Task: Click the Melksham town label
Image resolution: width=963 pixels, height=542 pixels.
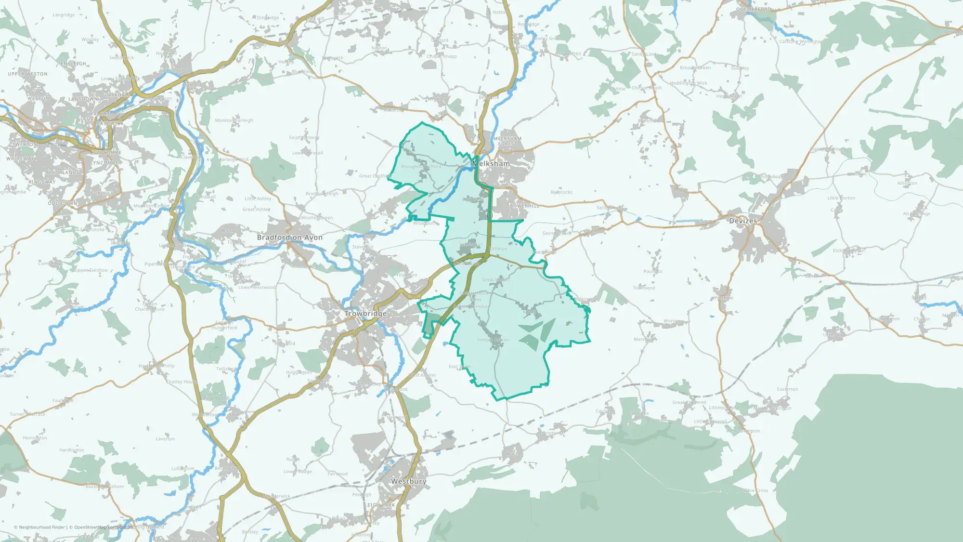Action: pos(491,164)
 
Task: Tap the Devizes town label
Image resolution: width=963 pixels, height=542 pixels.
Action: pos(743,221)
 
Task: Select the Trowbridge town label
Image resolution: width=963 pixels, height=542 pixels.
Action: pos(365,314)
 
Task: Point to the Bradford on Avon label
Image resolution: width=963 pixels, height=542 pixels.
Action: pos(289,238)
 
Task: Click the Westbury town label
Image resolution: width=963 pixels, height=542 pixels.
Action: pos(408,481)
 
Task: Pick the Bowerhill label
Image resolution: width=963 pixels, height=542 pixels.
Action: pos(524,206)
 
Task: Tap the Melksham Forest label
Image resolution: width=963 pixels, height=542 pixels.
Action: pos(508,141)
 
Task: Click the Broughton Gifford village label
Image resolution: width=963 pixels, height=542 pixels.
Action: pos(421,167)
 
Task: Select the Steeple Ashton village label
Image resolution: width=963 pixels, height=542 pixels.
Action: pos(493,340)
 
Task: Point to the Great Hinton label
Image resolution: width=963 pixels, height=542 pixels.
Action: pos(495,279)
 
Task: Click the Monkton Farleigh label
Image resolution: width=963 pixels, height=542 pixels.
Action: pos(234,120)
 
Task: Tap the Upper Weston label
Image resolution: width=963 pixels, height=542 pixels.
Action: pos(28,74)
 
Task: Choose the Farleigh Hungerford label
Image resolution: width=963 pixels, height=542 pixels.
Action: pos(224,325)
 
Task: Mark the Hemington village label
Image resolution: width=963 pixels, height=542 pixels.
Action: pos(35,438)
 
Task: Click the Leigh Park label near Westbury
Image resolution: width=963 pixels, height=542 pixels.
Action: pos(379,505)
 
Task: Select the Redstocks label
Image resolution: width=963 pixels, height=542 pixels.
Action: pos(561,192)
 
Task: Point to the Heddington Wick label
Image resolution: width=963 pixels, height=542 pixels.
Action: pos(689,83)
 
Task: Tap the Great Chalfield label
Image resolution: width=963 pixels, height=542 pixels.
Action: pos(375,176)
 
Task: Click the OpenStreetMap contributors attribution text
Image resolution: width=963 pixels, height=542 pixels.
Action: pos(103,527)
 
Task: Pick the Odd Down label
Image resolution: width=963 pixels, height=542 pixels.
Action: pos(63,203)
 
